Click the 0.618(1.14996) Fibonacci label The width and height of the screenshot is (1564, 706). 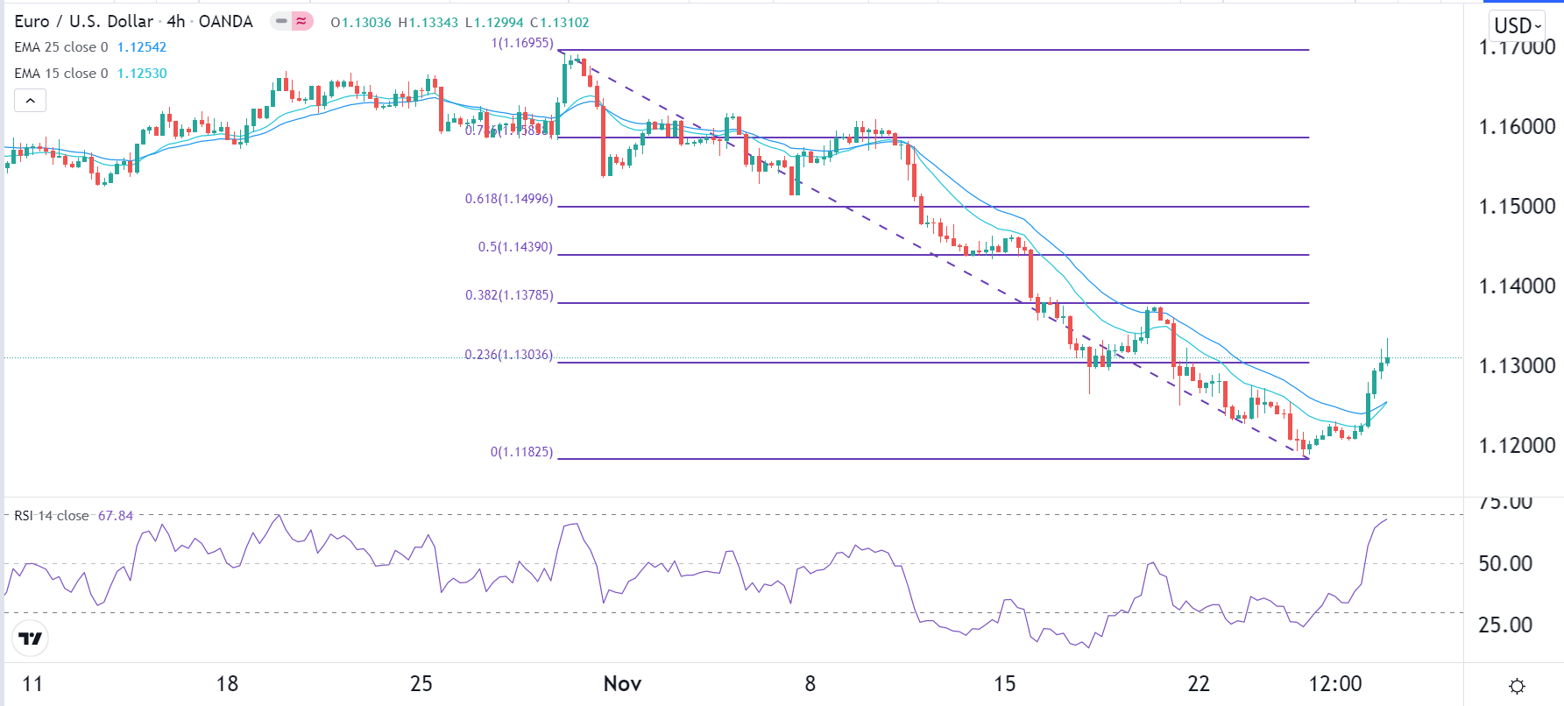[x=509, y=199]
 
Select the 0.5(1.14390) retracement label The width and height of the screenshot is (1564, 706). [x=515, y=247]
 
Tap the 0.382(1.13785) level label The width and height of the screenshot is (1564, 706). [x=509, y=295]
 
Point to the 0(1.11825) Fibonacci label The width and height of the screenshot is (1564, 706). [x=521, y=452]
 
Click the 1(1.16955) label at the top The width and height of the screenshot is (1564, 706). [x=522, y=43]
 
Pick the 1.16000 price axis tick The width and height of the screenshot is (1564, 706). [x=1517, y=127]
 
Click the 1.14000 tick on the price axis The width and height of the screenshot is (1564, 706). [x=1517, y=286]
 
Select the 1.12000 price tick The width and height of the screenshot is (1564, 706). [x=1517, y=446]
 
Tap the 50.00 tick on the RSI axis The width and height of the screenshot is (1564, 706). [x=1505, y=564]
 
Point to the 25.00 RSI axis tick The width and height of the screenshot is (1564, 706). [x=1505, y=625]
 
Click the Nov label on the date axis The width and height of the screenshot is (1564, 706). [x=622, y=684]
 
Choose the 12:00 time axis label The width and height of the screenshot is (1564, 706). [x=1335, y=684]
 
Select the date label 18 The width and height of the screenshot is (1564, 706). [x=227, y=684]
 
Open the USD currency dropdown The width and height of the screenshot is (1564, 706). [x=1518, y=25]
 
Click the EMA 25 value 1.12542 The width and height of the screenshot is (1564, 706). [x=142, y=47]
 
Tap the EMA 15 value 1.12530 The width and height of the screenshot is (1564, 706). [x=142, y=74]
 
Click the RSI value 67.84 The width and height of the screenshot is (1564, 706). [x=116, y=516]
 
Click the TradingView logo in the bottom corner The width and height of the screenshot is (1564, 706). [x=31, y=639]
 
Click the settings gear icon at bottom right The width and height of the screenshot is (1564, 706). [x=1518, y=686]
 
